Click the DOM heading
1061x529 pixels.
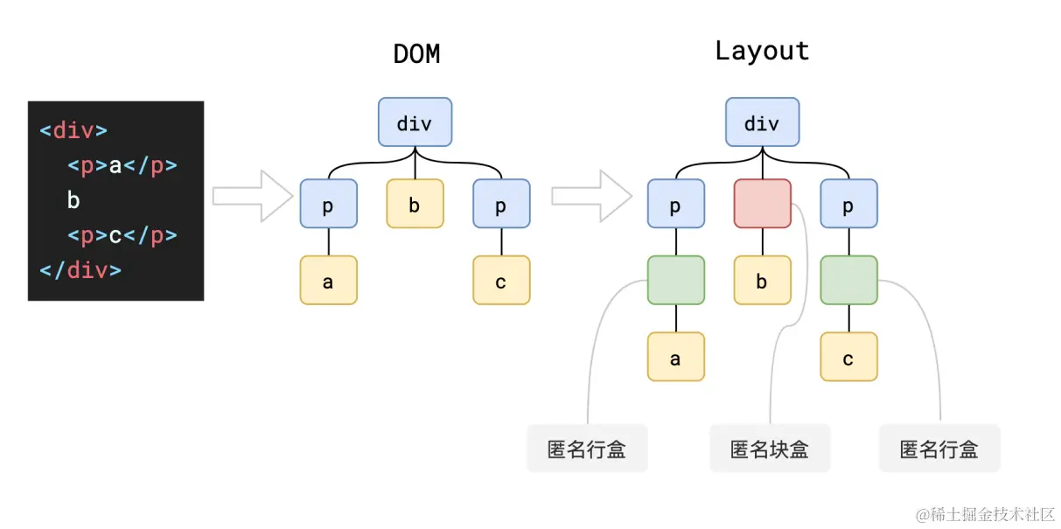click(416, 53)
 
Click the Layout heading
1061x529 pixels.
click(762, 51)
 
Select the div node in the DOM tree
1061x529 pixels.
click(415, 122)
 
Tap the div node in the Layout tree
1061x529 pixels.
click(762, 122)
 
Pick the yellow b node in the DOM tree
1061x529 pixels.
click(415, 204)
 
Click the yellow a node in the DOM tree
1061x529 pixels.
click(328, 281)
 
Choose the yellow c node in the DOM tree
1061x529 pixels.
click(501, 281)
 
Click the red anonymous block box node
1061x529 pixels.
click(762, 204)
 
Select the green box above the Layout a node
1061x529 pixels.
click(676, 281)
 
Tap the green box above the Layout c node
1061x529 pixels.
click(848, 281)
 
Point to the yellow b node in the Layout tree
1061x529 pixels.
click(762, 281)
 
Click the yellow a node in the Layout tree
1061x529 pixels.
click(676, 357)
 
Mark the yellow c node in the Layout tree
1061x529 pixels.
click(848, 357)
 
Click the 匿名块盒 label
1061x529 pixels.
click(770, 449)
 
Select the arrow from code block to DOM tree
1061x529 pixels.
click(253, 196)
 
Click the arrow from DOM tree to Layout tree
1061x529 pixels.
click(591, 196)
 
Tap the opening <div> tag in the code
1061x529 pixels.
click(73, 130)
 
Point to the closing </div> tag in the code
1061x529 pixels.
click(80, 270)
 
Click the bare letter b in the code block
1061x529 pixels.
click(73, 200)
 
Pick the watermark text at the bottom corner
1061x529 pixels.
click(985, 514)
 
